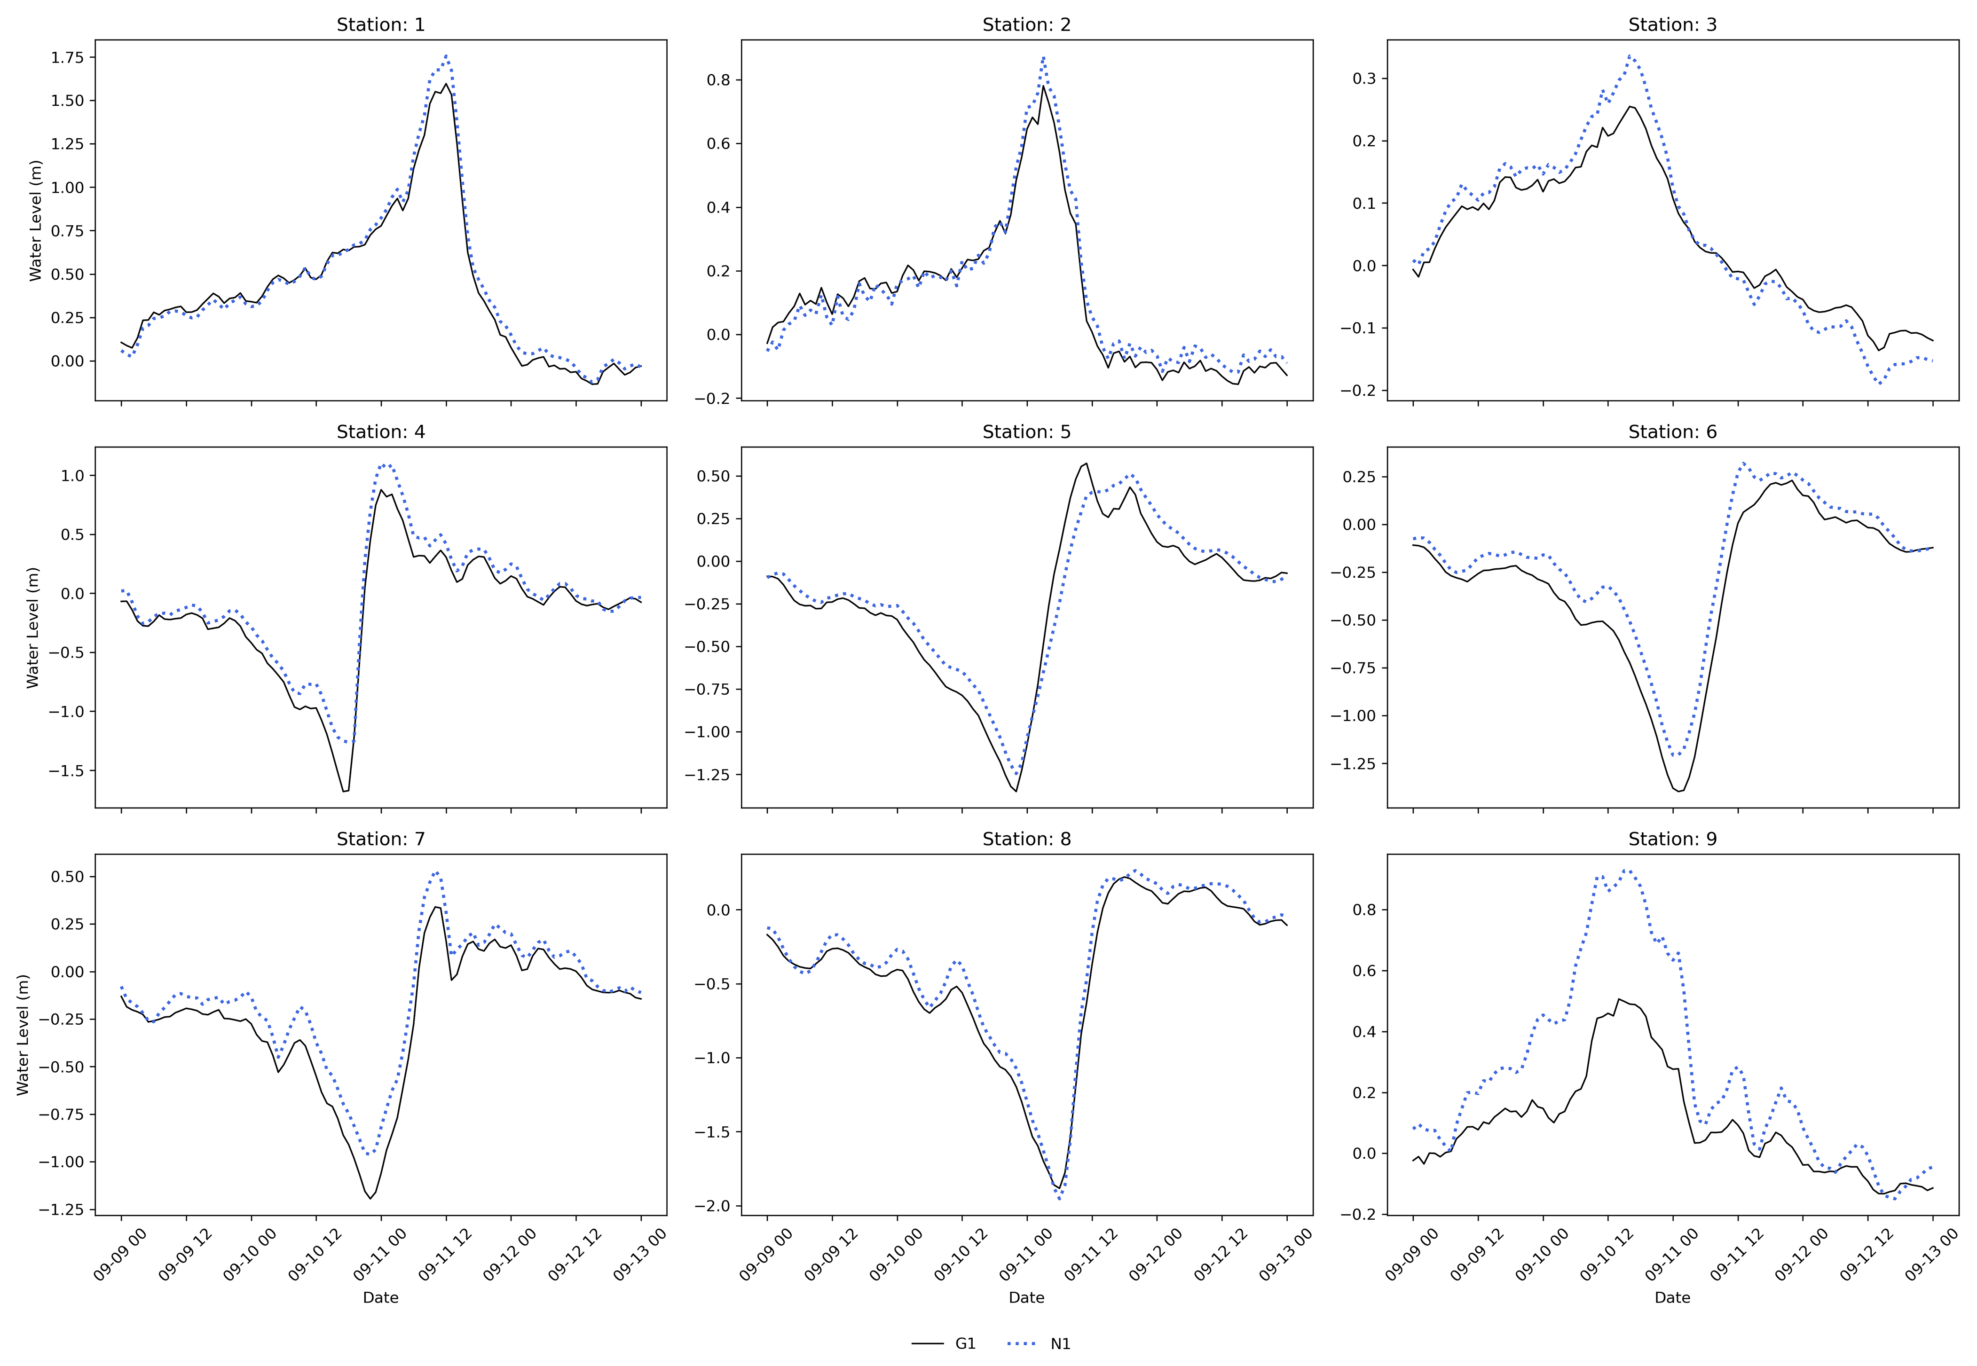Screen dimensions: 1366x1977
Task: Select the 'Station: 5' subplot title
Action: pyautogui.click(x=1026, y=432)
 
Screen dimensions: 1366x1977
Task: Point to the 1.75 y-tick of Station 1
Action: pyautogui.click(x=68, y=57)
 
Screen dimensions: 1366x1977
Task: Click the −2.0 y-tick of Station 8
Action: pyautogui.click(x=712, y=1206)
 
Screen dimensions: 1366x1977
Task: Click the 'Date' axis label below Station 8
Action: pyautogui.click(x=1026, y=1297)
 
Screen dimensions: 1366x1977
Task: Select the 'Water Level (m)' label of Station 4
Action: pyautogui.click(x=33, y=628)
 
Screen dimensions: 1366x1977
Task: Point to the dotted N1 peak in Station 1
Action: pyautogui.click(x=446, y=56)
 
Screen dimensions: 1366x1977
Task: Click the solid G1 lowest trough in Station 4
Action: pyautogui.click(x=345, y=791)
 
